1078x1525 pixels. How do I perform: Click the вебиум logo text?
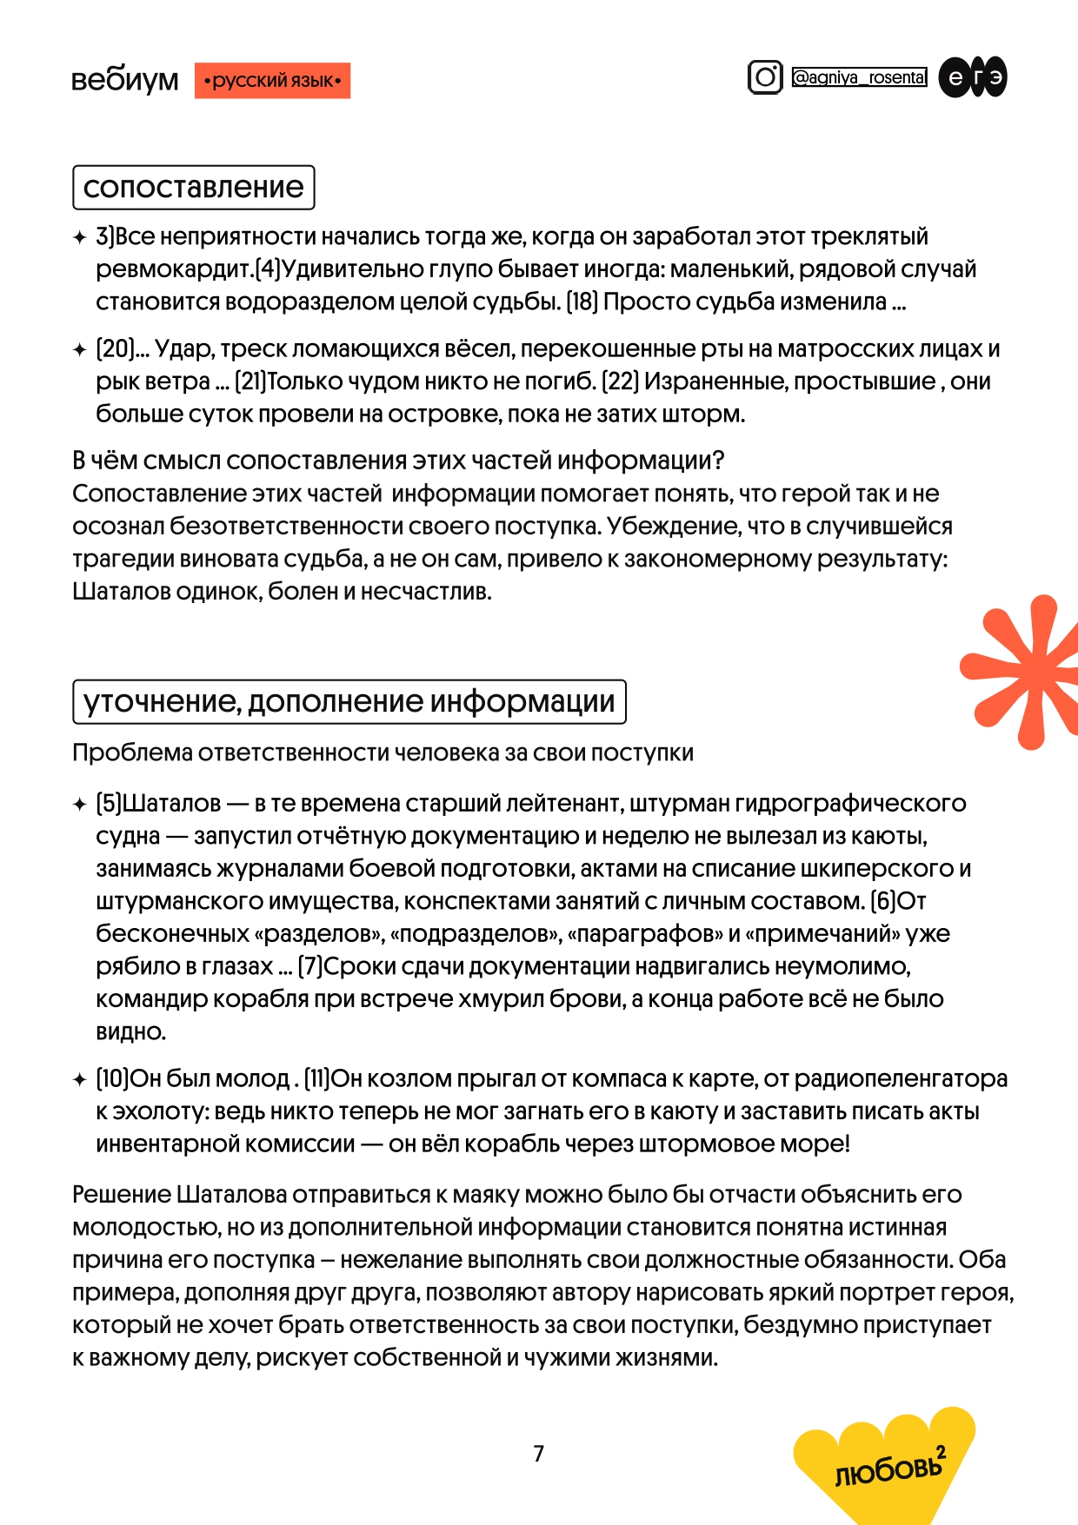(x=124, y=80)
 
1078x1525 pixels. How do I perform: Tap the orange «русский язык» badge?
(x=272, y=81)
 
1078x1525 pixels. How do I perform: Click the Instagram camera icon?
(x=765, y=77)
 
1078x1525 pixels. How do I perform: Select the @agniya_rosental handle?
(x=859, y=77)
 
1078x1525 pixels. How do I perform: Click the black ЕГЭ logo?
(x=973, y=77)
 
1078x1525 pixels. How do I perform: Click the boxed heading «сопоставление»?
(x=193, y=187)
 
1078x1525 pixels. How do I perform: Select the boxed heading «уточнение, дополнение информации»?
(x=349, y=701)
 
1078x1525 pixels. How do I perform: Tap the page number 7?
(x=538, y=1453)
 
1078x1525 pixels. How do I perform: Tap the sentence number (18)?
(x=582, y=302)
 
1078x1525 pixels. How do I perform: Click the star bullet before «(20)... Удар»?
(x=80, y=350)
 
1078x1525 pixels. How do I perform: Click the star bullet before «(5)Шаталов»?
(x=80, y=805)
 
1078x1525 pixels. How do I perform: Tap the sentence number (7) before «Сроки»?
(x=310, y=966)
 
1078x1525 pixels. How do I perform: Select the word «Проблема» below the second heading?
(x=132, y=753)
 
